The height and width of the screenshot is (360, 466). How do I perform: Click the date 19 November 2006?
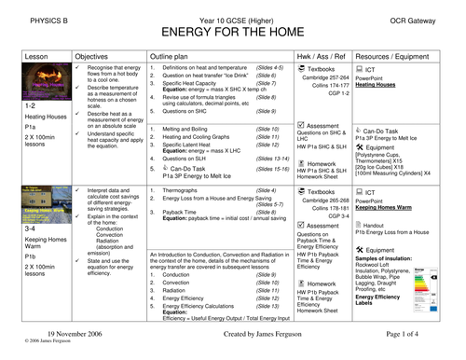coord(56,345)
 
